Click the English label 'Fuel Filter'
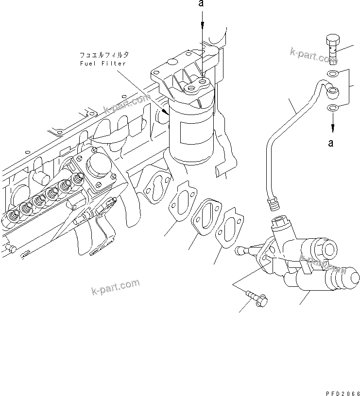[x=103, y=64]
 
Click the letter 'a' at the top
[x=201, y=4]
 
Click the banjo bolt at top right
[x=331, y=49]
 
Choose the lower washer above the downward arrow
[x=332, y=108]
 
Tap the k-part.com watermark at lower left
[x=115, y=287]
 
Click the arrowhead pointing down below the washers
[x=333, y=129]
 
